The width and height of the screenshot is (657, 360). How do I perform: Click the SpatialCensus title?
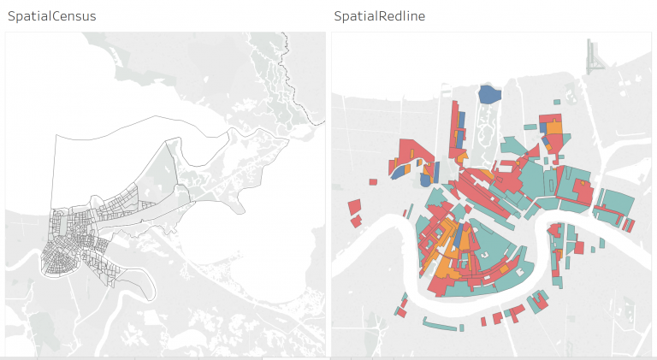click(x=51, y=16)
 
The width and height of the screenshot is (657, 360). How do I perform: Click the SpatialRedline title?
click(x=379, y=16)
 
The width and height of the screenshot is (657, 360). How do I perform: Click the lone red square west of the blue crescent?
click(x=373, y=181)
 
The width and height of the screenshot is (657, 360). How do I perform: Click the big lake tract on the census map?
click(x=120, y=171)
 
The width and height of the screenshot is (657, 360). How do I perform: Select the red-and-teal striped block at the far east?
click(x=630, y=225)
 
